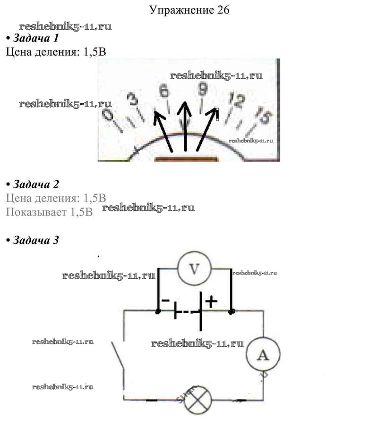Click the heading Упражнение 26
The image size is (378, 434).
point(189,10)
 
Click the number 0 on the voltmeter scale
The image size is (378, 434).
point(109,116)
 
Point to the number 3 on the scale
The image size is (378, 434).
point(134,100)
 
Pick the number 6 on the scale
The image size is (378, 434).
point(163,91)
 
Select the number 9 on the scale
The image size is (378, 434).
point(203,89)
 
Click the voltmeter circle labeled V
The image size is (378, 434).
point(194,268)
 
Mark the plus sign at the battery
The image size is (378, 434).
point(211,300)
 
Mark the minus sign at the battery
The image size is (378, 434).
point(165,300)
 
